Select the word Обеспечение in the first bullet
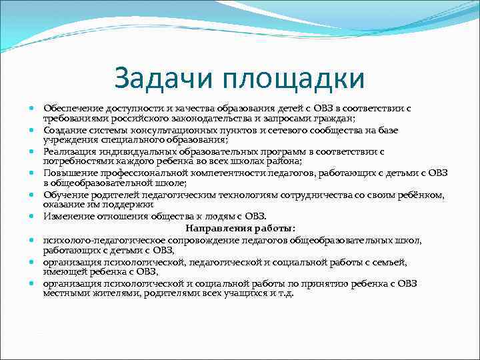pyautogui.click(x=72, y=107)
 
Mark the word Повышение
pyautogui.click(x=69, y=173)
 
